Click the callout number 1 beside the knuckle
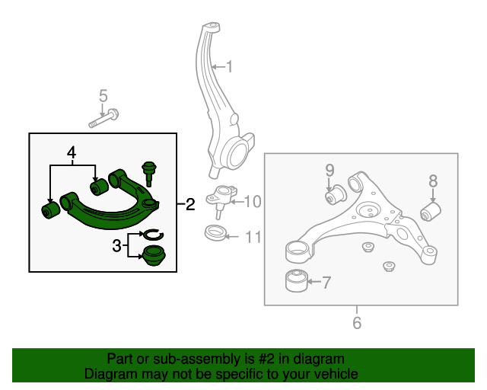tap(229, 67)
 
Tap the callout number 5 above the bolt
tap(103, 95)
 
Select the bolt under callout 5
tap(103, 118)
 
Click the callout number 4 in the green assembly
tap(72, 152)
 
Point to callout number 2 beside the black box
tap(190, 204)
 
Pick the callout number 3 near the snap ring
tap(116, 246)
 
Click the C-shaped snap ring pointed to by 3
tap(153, 235)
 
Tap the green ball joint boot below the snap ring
tap(154, 255)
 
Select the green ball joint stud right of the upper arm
tap(149, 174)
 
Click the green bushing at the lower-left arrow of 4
tap(51, 210)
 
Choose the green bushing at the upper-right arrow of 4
tap(99, 187)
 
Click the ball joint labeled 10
tap(221, 202)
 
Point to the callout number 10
tap(253, 202)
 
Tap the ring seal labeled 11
tap(215, 232)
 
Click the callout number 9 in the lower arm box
tap(329, 171)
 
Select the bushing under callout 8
tap(431, 212)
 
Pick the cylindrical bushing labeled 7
tap(297, 280)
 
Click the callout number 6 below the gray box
tap(357, 322)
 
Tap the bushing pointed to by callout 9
tap(336, 195)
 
